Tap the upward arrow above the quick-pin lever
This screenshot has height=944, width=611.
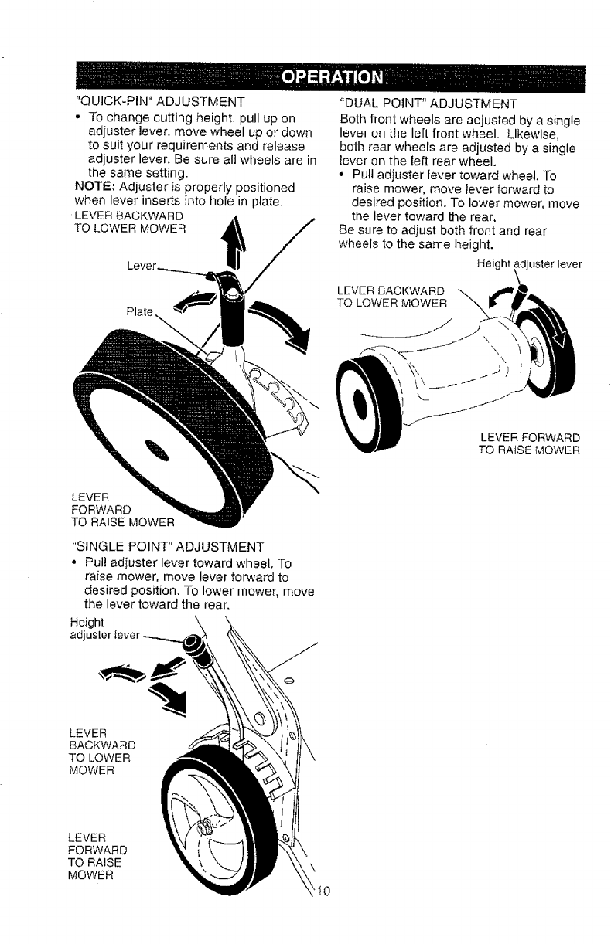click(x=229, y=239)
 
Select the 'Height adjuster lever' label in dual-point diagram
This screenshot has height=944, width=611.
click(x=527, y=263)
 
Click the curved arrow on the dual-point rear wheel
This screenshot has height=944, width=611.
click(x=555, y=328)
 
